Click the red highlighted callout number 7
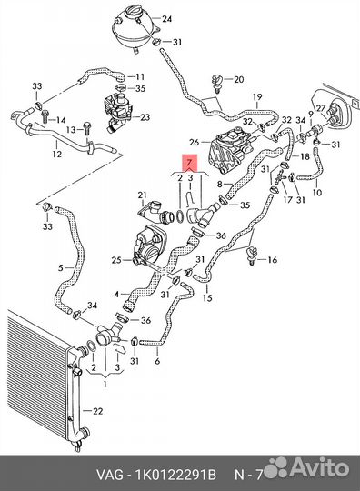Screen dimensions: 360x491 pos(190,163)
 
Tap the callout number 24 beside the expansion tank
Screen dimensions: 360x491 pos(166,19)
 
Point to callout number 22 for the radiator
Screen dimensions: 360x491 pos(97,411)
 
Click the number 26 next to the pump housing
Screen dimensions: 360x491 pos(194,142)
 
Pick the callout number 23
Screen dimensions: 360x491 pos(145,117)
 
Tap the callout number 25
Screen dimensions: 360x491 pos(116,260)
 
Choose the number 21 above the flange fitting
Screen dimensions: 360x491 pos(142,195)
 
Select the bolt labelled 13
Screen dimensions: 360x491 pos(86,129)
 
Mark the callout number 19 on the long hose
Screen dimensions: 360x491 pos(257,97)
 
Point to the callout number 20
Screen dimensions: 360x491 pos(238,79)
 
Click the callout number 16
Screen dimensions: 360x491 pos(273,259)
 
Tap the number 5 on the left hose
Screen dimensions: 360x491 pos(61,268)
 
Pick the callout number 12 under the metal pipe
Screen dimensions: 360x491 pos(56,154)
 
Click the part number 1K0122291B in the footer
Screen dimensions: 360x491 pos(175,475)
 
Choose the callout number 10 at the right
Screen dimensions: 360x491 pos(316,192)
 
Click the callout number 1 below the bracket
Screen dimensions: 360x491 pos(105,384)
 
